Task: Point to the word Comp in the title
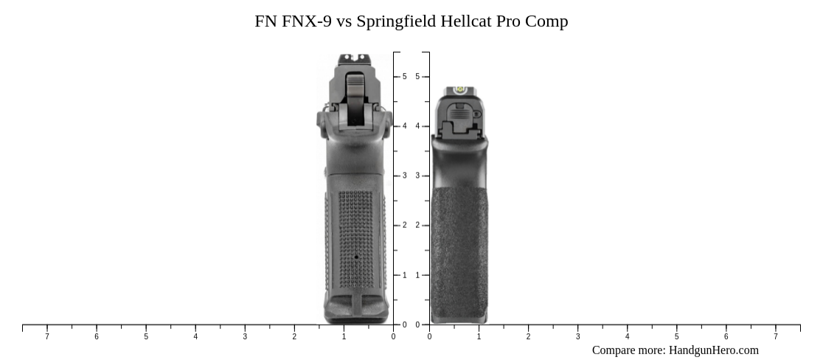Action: coord(546,21)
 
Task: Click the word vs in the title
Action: coord(344,21)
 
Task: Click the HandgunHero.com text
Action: coord(713,350)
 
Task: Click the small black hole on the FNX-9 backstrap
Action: coord(356,257)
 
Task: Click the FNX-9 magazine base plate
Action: coord(356,310)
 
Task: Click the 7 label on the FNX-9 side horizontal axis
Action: coord(47,337)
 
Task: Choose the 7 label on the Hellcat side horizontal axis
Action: coord(775,337)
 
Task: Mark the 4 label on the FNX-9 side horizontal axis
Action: coord(195,337)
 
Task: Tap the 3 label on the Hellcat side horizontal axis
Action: coord(577,337)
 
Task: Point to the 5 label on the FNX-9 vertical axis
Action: coord(404,77)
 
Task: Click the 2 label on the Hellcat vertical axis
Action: coord(417,226)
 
